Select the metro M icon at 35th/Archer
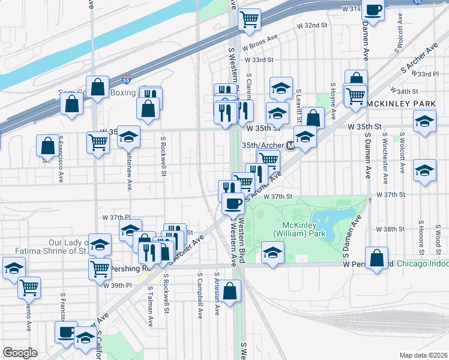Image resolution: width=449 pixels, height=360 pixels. [x=291, y=145]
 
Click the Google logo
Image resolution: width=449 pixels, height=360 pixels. [x=20, y=352]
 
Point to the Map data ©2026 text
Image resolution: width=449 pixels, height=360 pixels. [x=424, y=355]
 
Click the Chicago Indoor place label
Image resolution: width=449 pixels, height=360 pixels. [x=422, y=263]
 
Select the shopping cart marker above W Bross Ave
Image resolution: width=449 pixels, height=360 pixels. [x=249, y=19]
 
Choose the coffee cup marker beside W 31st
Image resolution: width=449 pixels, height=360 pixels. [x=373, y=10]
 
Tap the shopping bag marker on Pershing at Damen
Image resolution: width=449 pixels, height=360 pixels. [x=376, y=258]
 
